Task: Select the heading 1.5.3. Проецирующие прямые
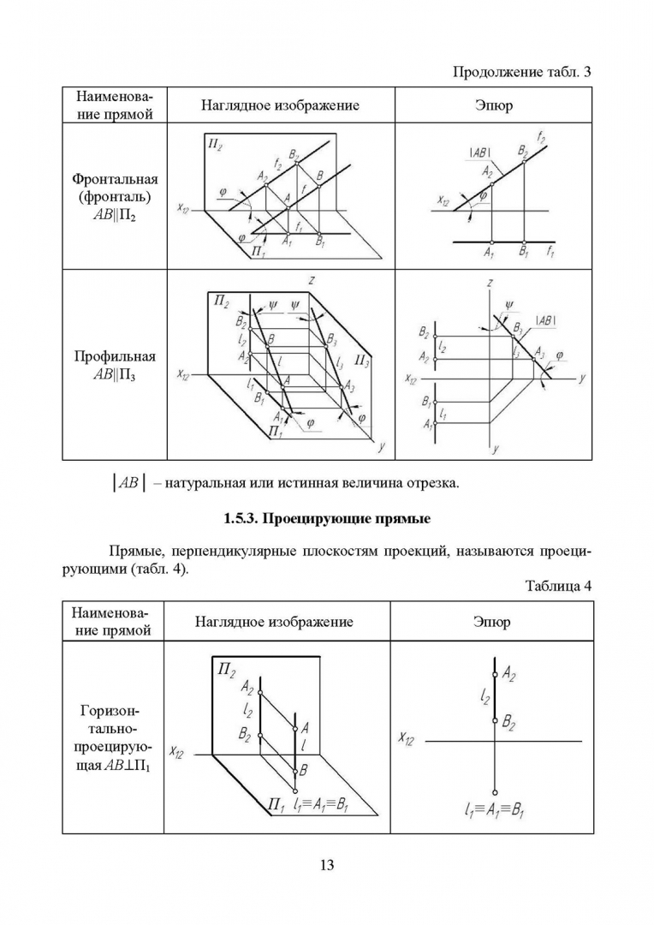click(326, 519)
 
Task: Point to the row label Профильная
click(114, 356)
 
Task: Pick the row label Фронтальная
click(114, 179)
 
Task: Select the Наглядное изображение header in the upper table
click(280, 105)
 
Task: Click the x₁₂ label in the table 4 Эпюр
click(406, 738)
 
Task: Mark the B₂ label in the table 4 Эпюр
click(508, 725)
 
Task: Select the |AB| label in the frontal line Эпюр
click(479, 152)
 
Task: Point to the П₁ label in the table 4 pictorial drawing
click(274, 805)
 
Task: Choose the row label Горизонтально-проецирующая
click(114, 738)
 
